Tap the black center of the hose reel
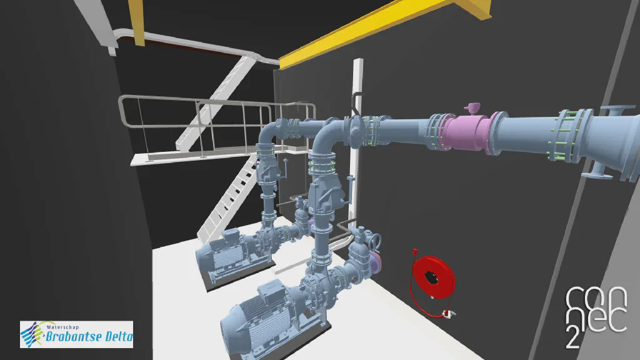pyautogui.click(x=431, y=277)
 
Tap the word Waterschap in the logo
pyautogui.click(x=62, y=327)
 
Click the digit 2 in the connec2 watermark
pyautogui.click(x=572, y=337)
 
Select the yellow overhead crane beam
pyautogui.click(x=384, y=29)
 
